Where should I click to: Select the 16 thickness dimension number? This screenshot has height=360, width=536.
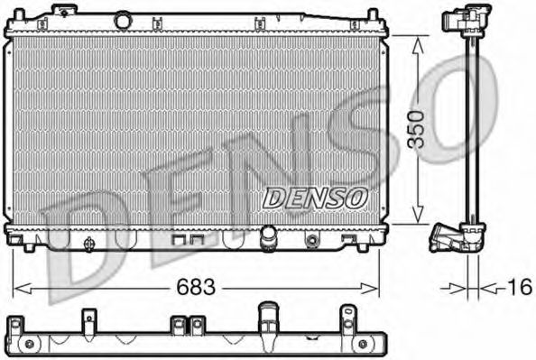click(518, 288)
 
